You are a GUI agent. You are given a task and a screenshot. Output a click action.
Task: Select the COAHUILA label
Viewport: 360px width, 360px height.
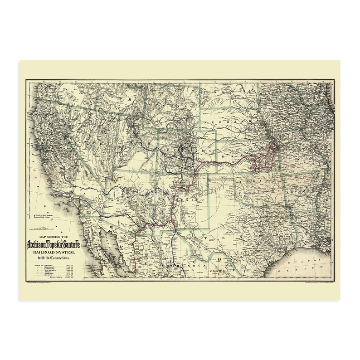pos(225,269)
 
